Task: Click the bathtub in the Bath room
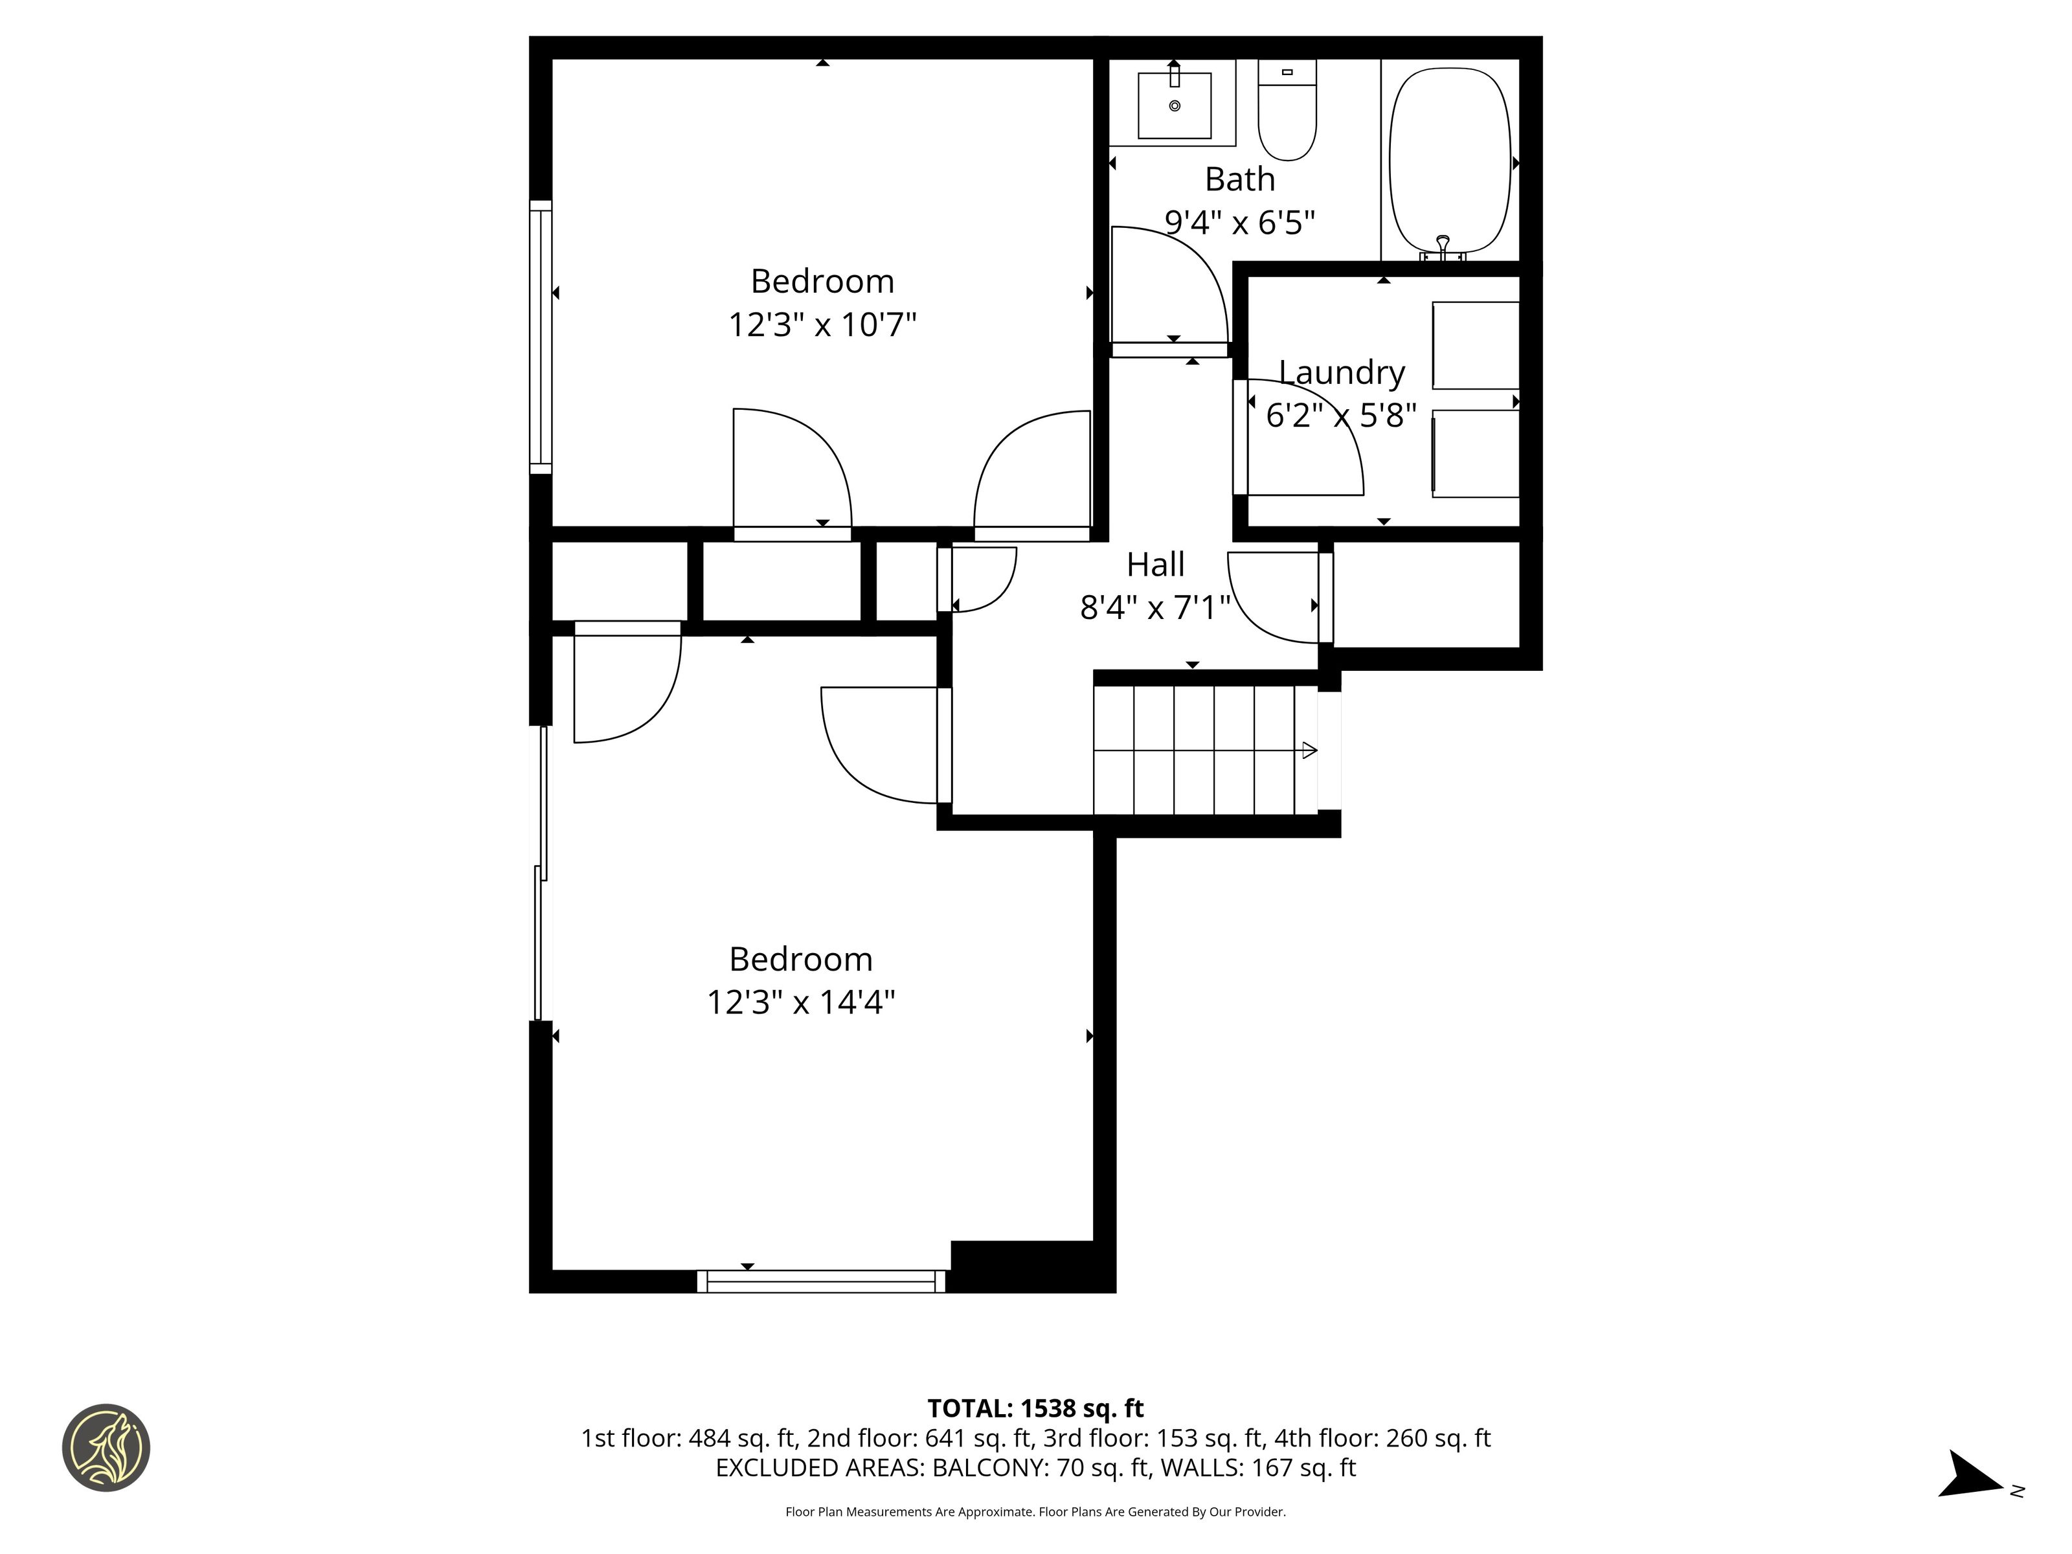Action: point(1450,161)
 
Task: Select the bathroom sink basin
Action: point(1175,105)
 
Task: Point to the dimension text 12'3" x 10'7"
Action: point(822,325)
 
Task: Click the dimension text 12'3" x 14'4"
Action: point(801,1002)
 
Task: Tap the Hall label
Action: point(1155,564)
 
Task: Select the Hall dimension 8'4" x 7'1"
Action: point(1155,608)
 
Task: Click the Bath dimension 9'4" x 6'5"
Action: point(1239,222)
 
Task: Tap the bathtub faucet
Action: point(1443,248)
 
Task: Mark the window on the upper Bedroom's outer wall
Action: point(541,337)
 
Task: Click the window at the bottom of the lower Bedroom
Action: point(822,1281)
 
